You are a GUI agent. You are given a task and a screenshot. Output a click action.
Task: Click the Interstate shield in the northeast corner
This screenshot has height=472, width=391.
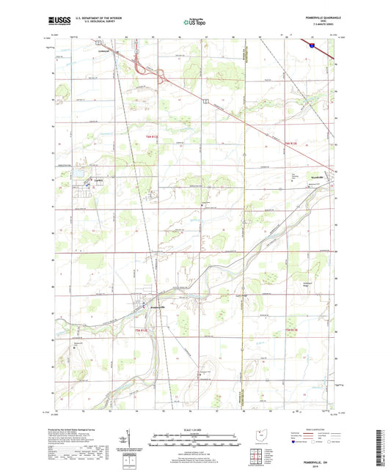pyautogui.click(x=312, y=45)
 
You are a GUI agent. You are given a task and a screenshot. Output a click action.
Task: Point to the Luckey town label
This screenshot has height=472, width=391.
pyautogui.click(x=96, y=179)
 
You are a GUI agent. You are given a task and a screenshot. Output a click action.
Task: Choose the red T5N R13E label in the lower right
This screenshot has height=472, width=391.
pyautogui.click(x=291, y=330)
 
